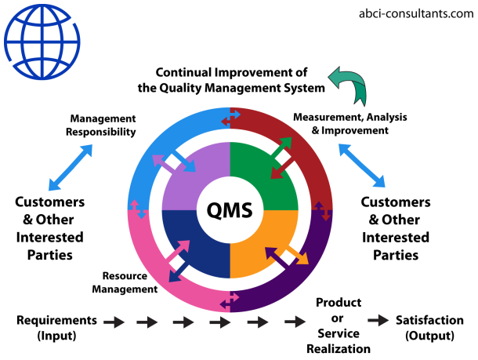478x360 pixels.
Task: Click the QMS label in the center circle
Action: click(x=230, y=209)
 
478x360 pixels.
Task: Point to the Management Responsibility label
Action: click(x=103, y=125)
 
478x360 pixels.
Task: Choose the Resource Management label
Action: click(x=130, y=282)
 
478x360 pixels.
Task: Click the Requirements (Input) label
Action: click(x=57, y=327)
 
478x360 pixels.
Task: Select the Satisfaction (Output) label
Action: click(x=436, y=327)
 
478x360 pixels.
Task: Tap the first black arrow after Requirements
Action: click(x=114, y=321)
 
